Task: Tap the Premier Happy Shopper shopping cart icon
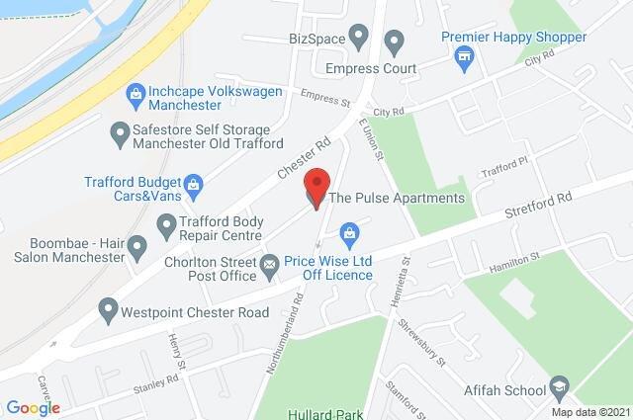(462, 58)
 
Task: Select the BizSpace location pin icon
(359, 39)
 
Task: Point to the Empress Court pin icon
(395, 43)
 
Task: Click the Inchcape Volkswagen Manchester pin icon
(136, 95)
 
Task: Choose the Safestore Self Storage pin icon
(121, 131)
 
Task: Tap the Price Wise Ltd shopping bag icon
(348, 233)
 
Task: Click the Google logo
(33, 407)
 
